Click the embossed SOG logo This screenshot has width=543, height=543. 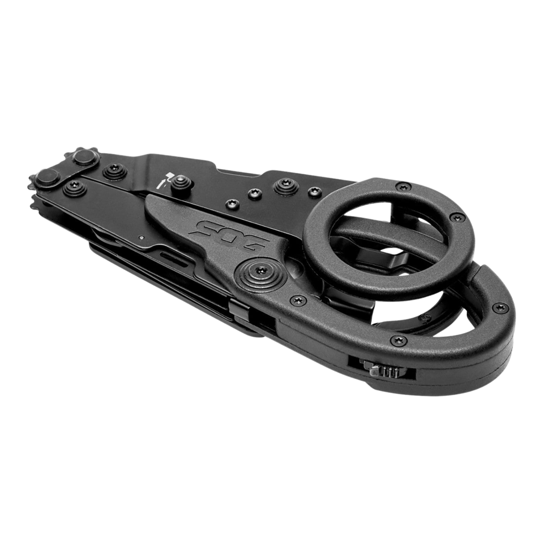click(x=230, y=237)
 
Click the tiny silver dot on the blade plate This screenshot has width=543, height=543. click(x=141, y=237)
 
